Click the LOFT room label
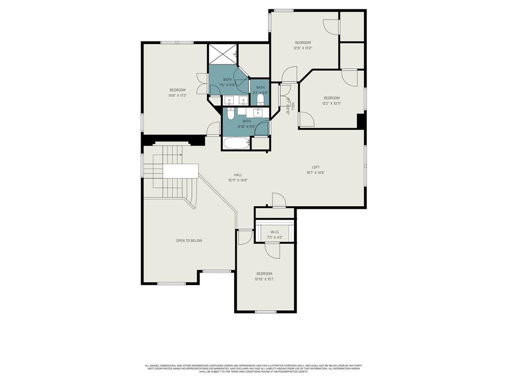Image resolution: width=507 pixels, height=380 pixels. (316, 167)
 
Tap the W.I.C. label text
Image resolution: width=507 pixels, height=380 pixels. (275, 232)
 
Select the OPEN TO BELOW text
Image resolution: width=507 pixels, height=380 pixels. (189, 240)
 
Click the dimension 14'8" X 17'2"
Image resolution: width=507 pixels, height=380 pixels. (177, 95)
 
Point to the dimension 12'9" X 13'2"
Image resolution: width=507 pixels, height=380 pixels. (303, 48)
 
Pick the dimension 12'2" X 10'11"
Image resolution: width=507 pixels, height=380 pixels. (332, 103)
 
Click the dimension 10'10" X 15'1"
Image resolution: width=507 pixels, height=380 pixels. (264, 279)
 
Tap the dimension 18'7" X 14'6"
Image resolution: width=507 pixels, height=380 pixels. (315, 173)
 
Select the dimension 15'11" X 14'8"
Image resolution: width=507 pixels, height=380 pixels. (238, 180)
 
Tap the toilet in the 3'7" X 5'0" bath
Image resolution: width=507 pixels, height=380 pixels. (260, 98)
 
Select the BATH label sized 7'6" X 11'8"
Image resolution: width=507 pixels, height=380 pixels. (227, 80)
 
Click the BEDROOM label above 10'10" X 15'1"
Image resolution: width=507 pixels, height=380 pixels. (264, 274)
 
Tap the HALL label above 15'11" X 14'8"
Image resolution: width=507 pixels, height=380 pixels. (238, 175)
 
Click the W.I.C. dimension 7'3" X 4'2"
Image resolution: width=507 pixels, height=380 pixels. (275, 237)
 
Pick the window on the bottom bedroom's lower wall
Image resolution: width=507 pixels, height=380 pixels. (265, 312)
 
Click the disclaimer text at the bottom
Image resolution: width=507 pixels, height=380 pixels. (253, 369)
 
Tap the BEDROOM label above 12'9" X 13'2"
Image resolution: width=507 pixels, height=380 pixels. (303, 43)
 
